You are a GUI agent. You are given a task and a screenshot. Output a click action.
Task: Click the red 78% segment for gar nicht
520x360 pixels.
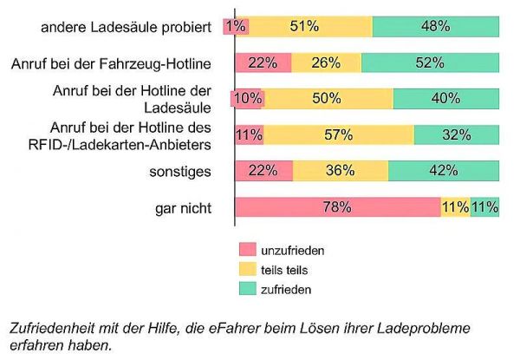338,207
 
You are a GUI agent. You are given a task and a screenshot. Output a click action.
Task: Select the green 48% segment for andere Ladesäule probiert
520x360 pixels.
435,27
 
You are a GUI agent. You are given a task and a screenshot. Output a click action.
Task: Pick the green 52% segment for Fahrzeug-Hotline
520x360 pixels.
430,62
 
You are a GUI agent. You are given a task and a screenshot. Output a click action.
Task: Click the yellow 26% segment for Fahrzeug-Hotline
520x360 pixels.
326,62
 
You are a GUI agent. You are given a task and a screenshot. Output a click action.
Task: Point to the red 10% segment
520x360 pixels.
248,99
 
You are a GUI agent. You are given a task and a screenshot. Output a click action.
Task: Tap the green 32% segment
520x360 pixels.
456,134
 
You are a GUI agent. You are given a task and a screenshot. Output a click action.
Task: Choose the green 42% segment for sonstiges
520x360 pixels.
443,171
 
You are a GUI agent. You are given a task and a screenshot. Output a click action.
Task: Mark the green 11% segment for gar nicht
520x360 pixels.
485,207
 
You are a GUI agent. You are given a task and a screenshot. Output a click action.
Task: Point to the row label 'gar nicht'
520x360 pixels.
183,207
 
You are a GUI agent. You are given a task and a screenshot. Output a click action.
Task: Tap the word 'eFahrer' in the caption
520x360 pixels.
219,329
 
